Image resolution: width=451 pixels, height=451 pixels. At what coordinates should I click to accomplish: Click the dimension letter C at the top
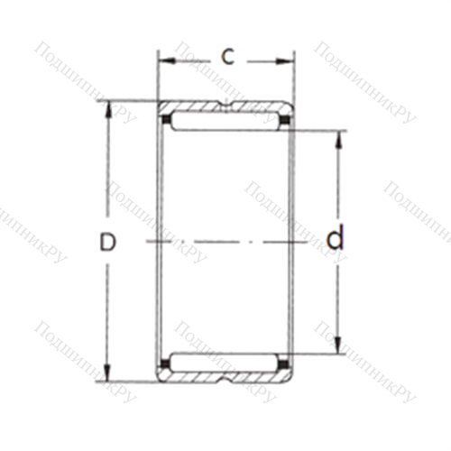click(227, 57)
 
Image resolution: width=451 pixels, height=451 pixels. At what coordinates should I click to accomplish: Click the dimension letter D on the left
click(107, 242)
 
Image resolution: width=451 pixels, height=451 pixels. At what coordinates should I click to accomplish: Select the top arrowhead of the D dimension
click(108, 110)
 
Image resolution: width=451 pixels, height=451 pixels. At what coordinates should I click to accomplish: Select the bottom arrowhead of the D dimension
click(107, 373)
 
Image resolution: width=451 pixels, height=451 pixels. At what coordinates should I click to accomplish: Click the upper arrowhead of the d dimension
click(339, 141)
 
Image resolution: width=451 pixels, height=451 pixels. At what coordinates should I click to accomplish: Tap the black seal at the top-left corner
click(165, 120)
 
